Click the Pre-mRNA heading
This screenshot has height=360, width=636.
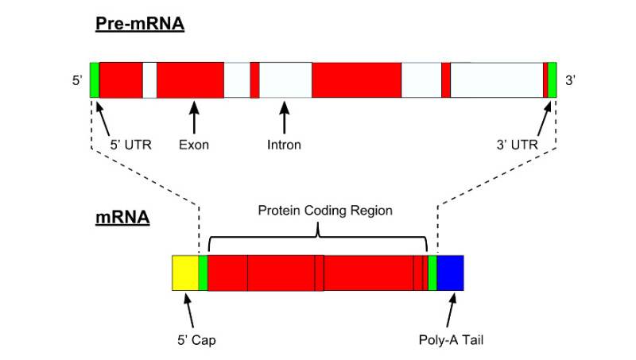point(140,24)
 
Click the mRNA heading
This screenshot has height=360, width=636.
point(122,217)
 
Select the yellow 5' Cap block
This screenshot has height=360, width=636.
point(185,273)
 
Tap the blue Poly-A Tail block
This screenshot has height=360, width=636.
point(450,273)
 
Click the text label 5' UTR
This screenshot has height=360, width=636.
point(130,145)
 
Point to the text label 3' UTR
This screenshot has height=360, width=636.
point(518,145)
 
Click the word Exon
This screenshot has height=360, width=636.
point(194,145)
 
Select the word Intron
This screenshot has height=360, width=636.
point(284,145)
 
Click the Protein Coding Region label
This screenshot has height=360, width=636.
point(325,211)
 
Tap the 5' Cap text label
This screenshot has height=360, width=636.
point(196,339)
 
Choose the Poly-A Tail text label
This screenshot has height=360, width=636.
point(451,339)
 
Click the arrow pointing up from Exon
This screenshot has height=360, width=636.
point(194,118)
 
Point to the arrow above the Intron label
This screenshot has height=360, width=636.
point(285,118)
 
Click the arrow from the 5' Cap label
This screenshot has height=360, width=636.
point(188,311)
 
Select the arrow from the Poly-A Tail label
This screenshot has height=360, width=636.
point(451,310)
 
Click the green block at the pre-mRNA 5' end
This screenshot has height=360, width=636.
point(95,79)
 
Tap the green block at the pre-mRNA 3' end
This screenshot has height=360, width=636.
point(552,79)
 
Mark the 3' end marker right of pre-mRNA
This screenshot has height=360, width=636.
point(570,80)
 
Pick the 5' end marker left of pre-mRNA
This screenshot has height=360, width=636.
point(77,80)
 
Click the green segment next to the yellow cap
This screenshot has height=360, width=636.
point(203,273)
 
